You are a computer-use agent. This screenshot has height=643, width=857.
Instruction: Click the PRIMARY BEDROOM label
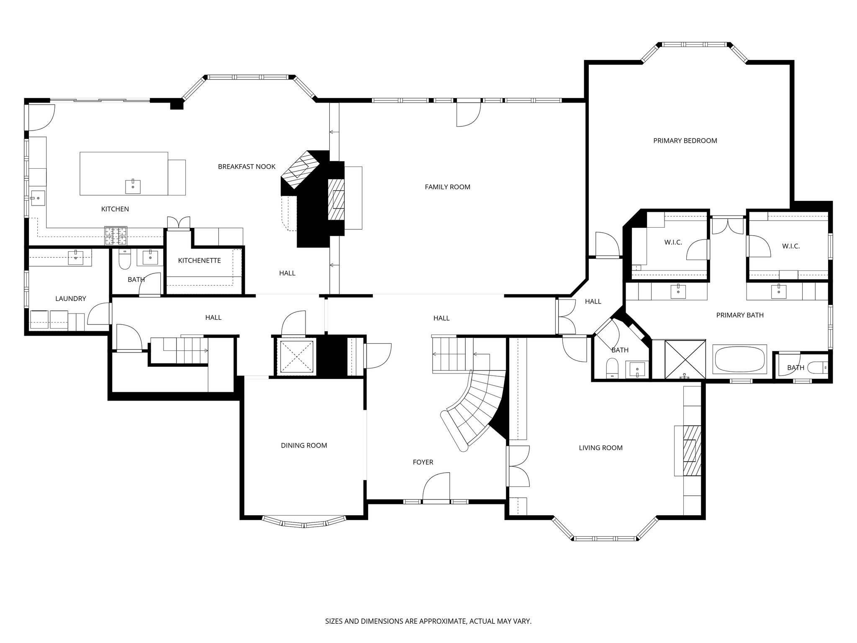click(x=685, y=141)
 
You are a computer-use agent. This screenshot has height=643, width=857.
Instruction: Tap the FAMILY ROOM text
click(x=447, y=187)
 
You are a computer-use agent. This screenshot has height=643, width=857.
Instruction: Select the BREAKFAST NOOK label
click(x=246, y=167)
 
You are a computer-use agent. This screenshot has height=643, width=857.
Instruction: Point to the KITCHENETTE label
click(x=199, y=260)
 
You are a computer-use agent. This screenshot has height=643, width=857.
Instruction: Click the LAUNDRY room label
click(x=70, y=298)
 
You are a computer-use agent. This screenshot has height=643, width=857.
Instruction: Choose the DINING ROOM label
click(x=304, y=445)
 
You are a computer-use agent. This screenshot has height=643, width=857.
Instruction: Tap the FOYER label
click(x=423, y=462)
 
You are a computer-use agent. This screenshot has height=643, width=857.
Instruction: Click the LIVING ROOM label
click(x=600, y=448)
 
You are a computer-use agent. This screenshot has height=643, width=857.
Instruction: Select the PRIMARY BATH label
click(x=740, y=315)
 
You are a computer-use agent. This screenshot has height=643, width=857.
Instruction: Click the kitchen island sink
click(x=133, y=187)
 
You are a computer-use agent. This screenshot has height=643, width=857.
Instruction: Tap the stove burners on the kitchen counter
click(x=115, y=235)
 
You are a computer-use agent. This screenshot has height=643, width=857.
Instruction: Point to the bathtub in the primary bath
click(x=739, y=359)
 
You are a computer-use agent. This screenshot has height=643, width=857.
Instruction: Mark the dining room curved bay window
click(x=304, y=522)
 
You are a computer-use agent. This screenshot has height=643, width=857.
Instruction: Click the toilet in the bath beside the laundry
click(x=125, y=260)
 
